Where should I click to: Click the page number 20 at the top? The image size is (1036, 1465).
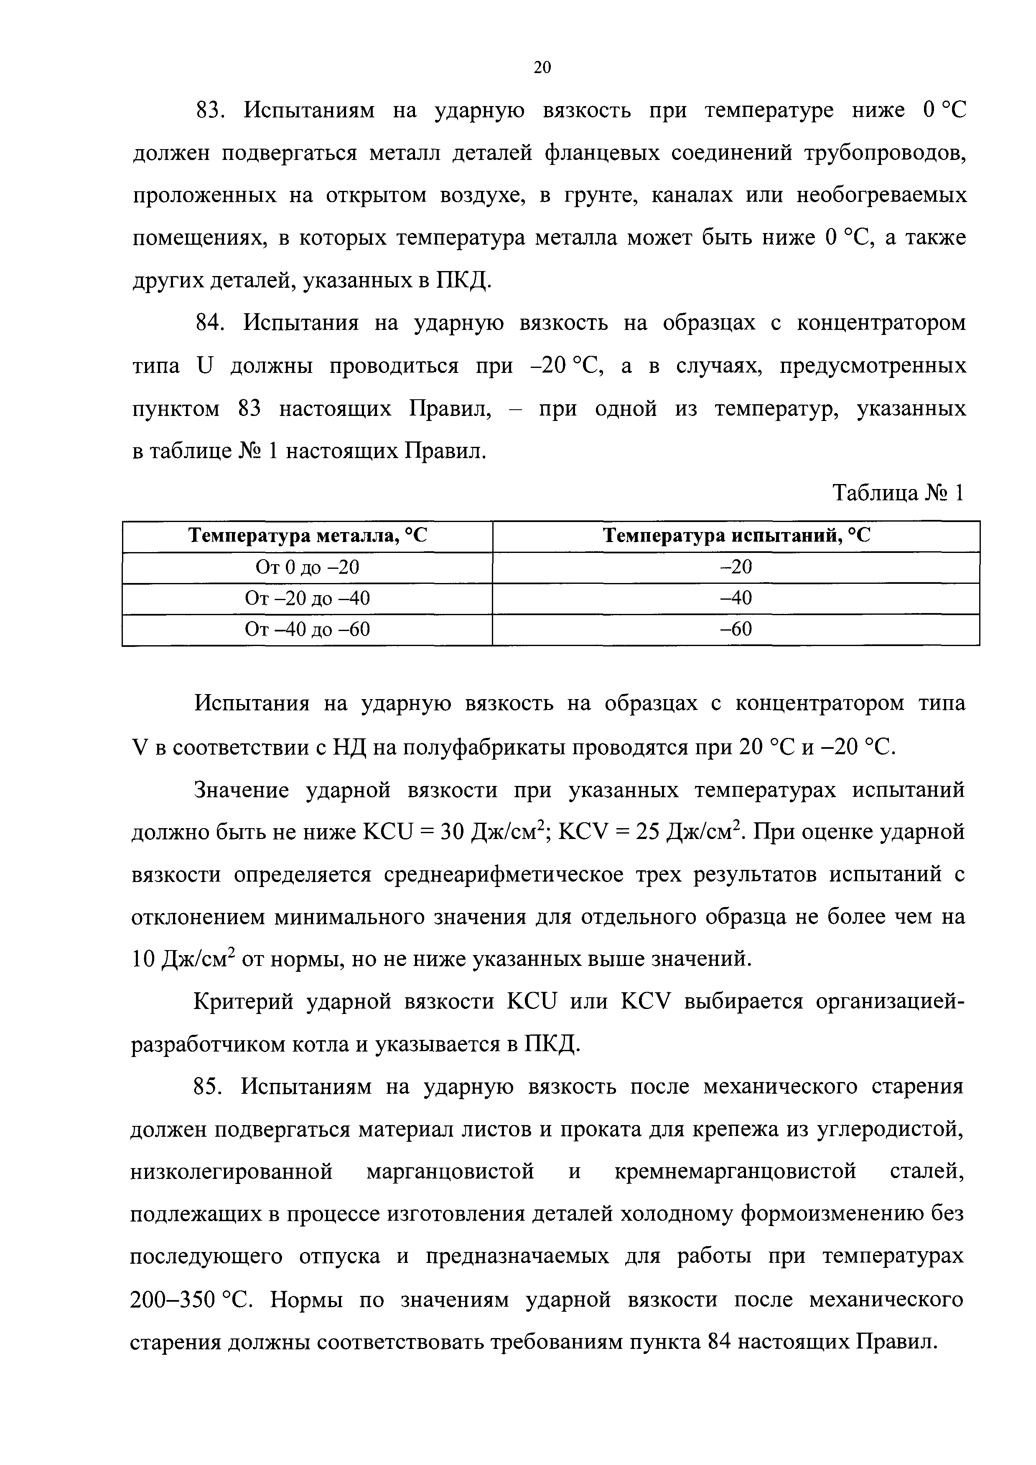(x=541, y=68)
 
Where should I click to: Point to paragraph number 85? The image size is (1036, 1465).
(x=207, y=1087)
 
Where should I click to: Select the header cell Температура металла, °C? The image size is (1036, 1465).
(x=307, y=536)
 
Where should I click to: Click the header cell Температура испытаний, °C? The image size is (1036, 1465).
(x=736, y=536)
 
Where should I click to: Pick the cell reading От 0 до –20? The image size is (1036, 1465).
(x=307, y=567)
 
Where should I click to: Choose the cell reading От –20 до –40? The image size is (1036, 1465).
(x=307, y=598)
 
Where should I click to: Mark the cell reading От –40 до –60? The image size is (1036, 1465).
(x=307, y=630)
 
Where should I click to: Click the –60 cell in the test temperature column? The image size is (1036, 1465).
(x=736, y=630)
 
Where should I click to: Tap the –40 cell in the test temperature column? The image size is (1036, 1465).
(x=736, y=598)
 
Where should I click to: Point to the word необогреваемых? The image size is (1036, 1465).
(x=881, y=196)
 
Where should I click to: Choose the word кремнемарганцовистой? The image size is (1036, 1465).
(x=735, y=1172)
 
